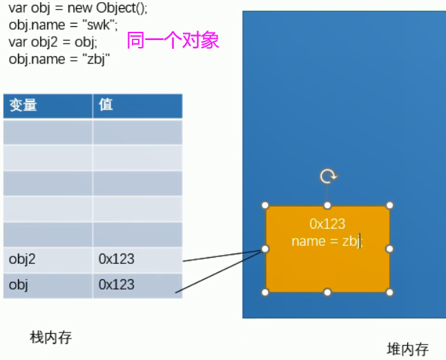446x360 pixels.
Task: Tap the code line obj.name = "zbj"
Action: click(x=60, y=59)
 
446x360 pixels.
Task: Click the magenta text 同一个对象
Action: click(x=173, y=41)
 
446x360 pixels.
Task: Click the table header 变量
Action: click(x=23, y=105)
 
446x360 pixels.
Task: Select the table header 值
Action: click(x=106, y=105)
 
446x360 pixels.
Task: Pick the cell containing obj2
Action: click(x=23, y=260)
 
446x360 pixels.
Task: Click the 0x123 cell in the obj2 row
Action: click(x=116, y=260)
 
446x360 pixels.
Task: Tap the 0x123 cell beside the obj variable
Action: click(x=116, y=285)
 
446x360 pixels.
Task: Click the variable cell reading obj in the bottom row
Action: click(x=19, y=285)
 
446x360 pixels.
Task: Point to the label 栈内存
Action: click(x=50, y=337)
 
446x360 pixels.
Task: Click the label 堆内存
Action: click(x=407, y=349)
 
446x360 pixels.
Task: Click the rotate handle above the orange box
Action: click(x=328, y=176)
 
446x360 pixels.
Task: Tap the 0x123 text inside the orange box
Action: click(x=327, y=224)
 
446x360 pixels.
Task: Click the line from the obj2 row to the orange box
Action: click(x=224, y=256)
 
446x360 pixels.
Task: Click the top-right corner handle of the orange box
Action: click(x=389, y=205)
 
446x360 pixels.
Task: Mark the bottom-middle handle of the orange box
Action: click(x=328, y=292)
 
